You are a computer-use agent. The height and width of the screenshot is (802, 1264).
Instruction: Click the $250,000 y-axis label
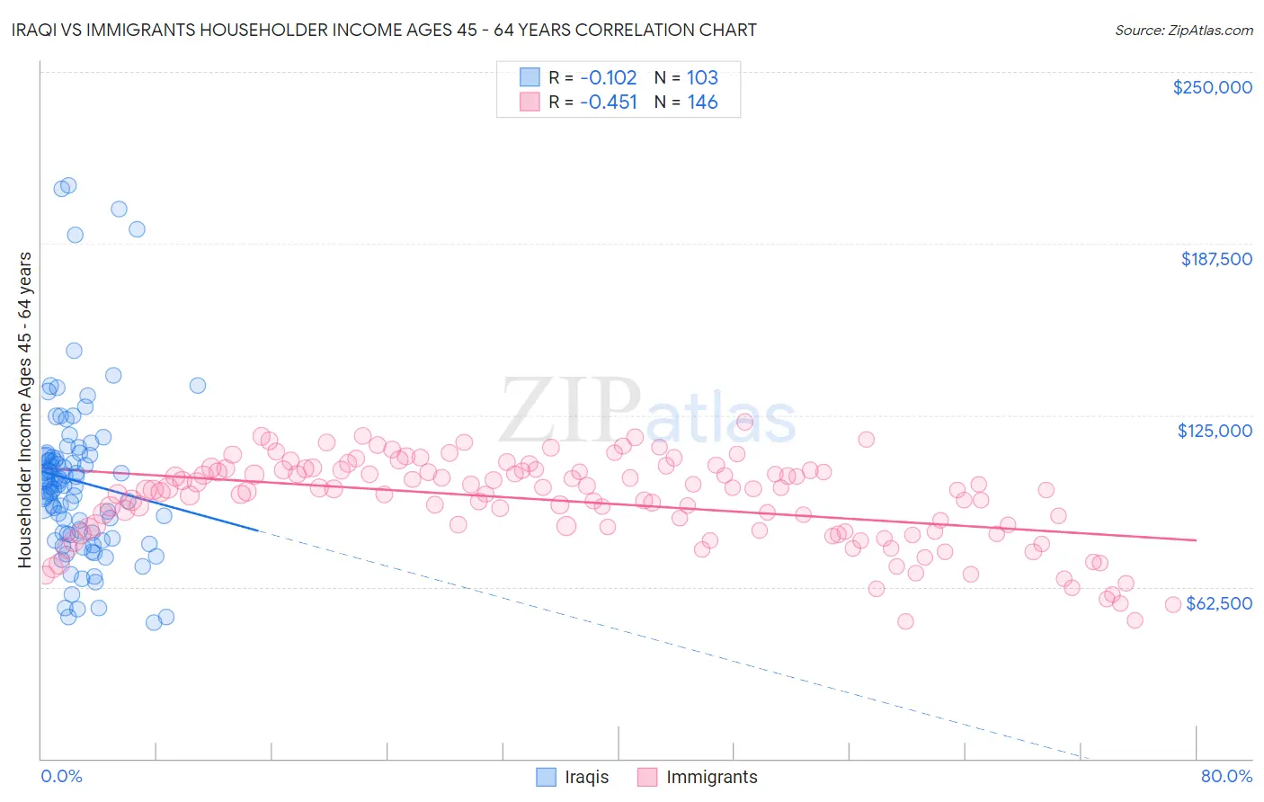[1212, 87]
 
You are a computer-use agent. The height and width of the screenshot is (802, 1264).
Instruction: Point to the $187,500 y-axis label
[1216, 259]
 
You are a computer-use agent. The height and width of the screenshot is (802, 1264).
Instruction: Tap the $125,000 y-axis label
[1215, 431]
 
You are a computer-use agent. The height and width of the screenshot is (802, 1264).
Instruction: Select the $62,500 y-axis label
[1219, 603]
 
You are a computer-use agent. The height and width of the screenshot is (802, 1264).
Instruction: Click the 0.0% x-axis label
[61, 776]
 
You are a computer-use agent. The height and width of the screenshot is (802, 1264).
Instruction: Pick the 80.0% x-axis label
[1226, 776]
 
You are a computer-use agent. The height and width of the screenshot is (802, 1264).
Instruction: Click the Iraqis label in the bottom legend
[586, 777]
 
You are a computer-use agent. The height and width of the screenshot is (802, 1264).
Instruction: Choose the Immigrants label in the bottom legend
[711, 777]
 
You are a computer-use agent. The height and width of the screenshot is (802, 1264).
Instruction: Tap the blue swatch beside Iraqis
[547, 777]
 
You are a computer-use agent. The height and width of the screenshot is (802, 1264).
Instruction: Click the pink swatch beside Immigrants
[647, 777]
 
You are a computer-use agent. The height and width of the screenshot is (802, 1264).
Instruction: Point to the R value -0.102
[609, 77]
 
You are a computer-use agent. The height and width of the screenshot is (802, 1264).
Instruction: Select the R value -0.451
[609, 102]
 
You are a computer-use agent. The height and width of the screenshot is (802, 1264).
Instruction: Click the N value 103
[702, 77]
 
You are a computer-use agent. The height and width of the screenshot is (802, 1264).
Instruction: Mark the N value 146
[702, 102]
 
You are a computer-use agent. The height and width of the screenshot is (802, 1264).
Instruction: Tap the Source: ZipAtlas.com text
[1184, 30]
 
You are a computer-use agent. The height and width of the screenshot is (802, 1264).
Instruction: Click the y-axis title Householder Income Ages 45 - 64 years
[24, 409]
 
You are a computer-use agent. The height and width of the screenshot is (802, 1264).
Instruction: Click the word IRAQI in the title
[37, 30]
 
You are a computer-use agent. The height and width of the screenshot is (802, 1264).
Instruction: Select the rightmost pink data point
[1172, 605]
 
